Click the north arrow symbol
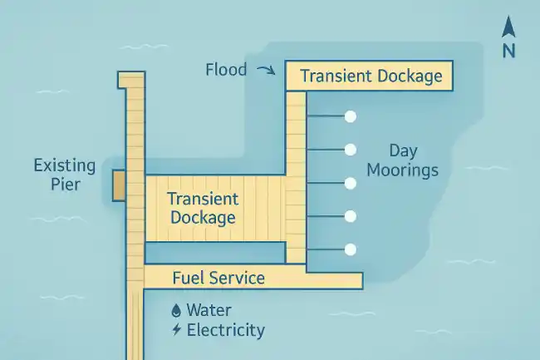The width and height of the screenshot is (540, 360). (508, 28)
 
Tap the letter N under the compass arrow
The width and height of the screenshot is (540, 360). (508, 50)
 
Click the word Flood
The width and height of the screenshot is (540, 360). (226, 70)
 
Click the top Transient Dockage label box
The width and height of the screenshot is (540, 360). (370, 76)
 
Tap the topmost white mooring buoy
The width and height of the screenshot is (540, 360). (351, 116)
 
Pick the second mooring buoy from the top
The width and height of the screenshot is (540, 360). (351, 150)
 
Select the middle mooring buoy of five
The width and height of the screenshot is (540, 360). (351, 183)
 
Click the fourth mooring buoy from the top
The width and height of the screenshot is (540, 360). (351, 216)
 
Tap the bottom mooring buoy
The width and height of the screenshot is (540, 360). (351, 249)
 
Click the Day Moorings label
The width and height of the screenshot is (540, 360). (413, 160)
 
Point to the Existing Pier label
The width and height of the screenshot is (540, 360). (64, 175)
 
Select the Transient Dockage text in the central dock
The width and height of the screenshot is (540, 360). (203, 208)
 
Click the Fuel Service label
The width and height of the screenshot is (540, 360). (218, 278)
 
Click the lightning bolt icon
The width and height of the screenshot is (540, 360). (175, 330)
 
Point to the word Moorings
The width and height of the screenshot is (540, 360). (413, 170)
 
